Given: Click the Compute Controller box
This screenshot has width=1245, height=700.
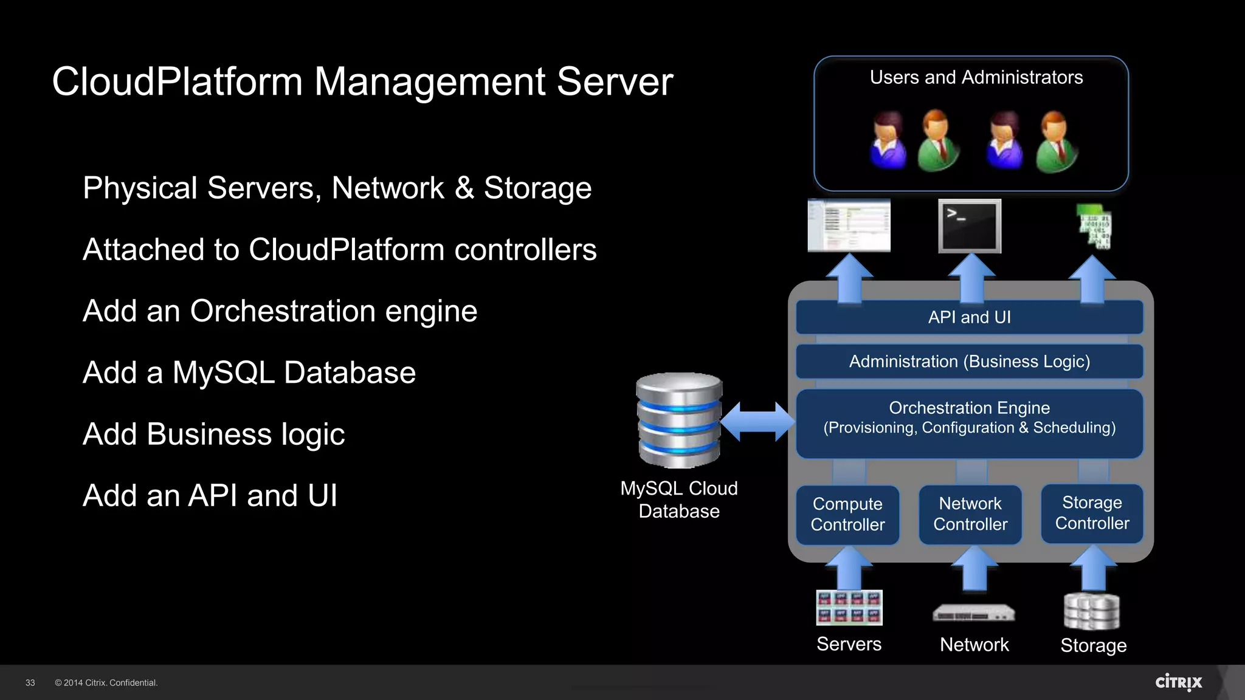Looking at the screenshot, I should pos(847,515).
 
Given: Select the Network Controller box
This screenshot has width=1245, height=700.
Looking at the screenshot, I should pos(970,514).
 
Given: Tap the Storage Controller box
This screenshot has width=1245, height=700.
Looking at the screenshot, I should pos(1092,513).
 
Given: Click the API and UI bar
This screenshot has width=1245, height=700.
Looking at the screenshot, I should pos(969,317).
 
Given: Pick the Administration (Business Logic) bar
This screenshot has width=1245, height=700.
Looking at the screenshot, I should pos(969,362).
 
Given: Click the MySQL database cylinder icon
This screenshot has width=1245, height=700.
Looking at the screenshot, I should pos(679,420).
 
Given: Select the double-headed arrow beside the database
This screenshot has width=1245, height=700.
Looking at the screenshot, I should pos(757,421).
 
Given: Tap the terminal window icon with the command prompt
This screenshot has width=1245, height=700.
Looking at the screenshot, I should pos(970,226).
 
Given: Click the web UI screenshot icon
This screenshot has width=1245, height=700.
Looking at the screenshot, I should pos(849,225).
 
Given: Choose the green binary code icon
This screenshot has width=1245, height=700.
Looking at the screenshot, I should pos(1094,227).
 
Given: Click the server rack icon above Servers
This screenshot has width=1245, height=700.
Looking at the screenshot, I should pos(849,608).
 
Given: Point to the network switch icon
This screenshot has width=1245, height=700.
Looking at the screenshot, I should pos(974,613).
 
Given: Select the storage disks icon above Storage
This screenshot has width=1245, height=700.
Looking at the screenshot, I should pos(1092,612).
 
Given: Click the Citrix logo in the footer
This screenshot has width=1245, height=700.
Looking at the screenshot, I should pos(1178,682).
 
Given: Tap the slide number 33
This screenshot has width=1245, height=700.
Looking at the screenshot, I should pos(30,683).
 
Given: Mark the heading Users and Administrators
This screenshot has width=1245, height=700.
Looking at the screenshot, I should pos(976,78).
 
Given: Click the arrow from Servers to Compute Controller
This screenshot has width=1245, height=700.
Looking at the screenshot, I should pos(849,568).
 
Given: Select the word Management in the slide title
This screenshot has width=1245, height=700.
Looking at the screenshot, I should pos(430,81).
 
